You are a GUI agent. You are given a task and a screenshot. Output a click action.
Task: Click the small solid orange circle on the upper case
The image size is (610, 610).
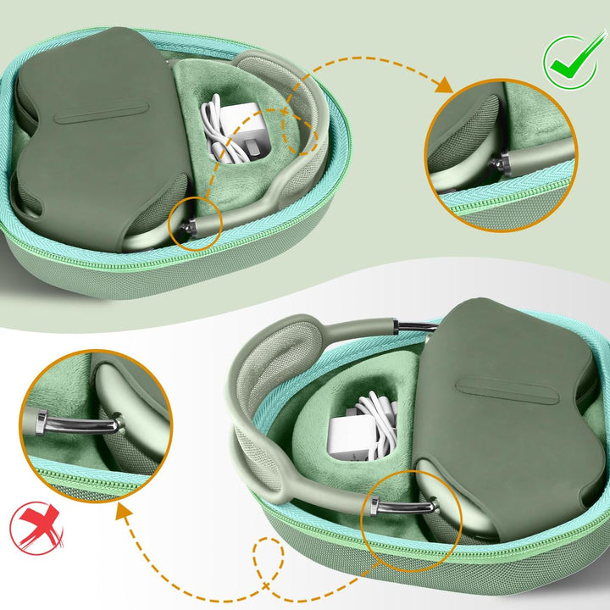196,222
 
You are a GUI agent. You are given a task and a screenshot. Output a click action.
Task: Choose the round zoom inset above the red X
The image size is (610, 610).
97,424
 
